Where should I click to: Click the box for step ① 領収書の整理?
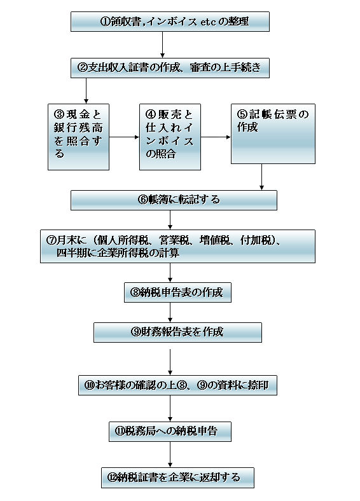[x=170, y=22]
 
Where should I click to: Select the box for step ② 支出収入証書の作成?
[x=170, y=68]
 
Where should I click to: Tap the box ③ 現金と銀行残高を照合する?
[x=78, y=137]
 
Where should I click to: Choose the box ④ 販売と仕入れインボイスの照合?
[x=170, y=137]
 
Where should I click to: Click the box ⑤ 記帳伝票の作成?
[x=273, y=134]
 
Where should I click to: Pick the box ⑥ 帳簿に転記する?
[x=174, y=200]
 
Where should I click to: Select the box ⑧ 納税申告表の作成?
[x=177, y=292]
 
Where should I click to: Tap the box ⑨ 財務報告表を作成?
[x=177, y=333]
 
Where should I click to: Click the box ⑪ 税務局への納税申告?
[x=170, y=432]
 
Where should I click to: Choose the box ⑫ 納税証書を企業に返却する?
[x=177, y=477]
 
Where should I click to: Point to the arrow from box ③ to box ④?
[x=124, y=137]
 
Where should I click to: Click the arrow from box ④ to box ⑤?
[x=216, y=137]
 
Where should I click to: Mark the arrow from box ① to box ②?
[x=162, y=45]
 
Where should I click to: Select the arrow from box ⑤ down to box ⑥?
[x=261, y=177]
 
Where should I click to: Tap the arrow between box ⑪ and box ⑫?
[x=170, y=455]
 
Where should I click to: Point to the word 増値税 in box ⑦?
[x=215, y=240]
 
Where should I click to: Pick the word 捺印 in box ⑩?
[x=258, y=385]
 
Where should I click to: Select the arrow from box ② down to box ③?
[x=86, y=91]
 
